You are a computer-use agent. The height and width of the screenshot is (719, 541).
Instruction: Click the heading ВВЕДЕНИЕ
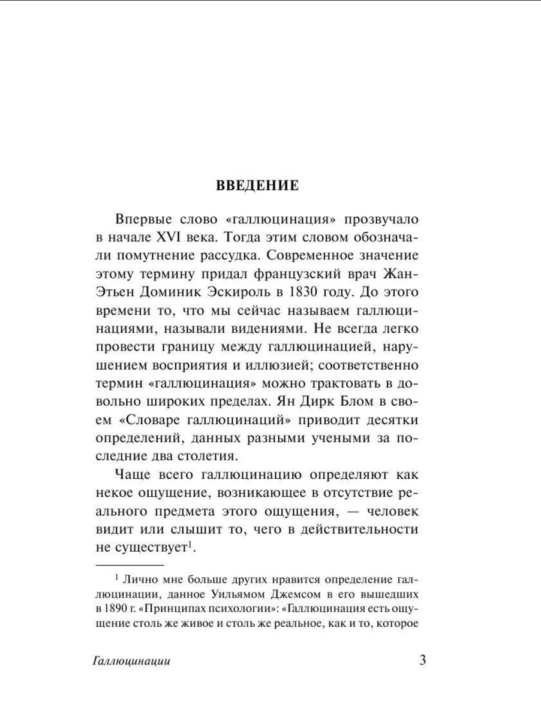(x=257, y=185)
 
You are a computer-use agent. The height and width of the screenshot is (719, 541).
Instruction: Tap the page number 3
(x=422, y=661)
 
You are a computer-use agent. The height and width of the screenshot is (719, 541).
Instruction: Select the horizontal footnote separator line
(x=130, y=564)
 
